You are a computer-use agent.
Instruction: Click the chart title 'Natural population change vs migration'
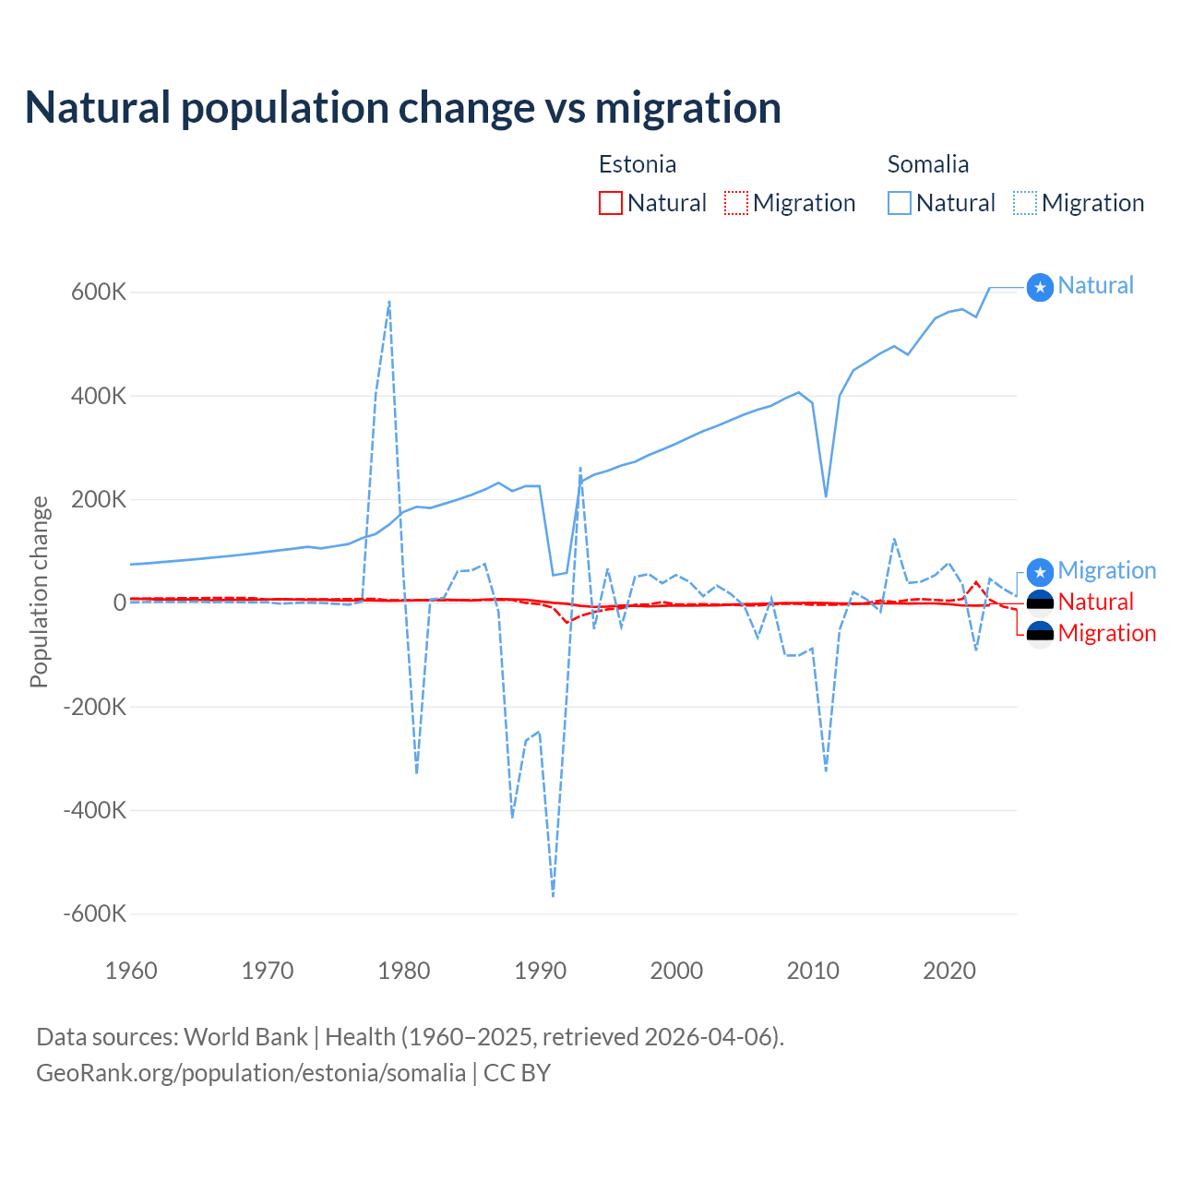click(402, 108)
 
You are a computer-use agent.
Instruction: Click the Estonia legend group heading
click(637, 164)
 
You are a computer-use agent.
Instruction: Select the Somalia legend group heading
click(927, 164)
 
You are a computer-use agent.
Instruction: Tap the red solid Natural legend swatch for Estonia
click(610, 203)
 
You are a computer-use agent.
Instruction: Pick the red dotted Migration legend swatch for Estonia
click(735, 203)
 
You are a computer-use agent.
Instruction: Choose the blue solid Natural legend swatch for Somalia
click(899, 203)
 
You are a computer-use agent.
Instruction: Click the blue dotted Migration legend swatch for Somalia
click(1024, 203)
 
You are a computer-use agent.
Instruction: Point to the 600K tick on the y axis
click(99, 292)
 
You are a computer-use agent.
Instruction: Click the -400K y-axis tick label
click(94, 810)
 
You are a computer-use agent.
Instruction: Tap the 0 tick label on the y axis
click(119, 602)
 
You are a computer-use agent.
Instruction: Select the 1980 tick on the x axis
click(404, 971)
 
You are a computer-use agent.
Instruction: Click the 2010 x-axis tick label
click(813, 971)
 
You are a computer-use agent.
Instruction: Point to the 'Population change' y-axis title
click(39, 592)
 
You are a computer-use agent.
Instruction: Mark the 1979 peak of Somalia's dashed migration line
click(389, 301)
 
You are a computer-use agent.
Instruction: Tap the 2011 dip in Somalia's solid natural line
click(826, 496)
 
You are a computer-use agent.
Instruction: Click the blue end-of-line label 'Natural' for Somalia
click(1095, 286)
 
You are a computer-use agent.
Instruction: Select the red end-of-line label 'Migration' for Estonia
click(1106, 633)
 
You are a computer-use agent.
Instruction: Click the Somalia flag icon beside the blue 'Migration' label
click(1040, 571)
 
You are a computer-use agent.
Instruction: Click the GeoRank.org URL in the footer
click(251, 1073)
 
